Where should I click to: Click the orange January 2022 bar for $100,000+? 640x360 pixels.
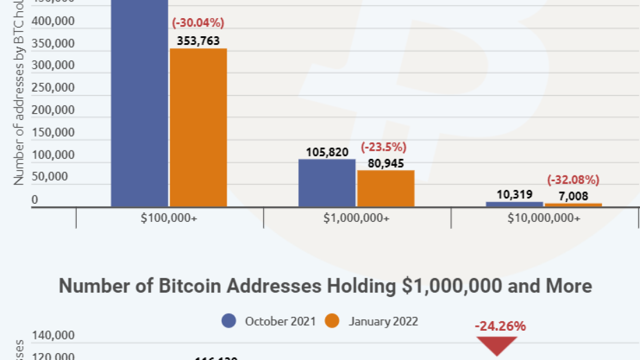[x=198, y=127]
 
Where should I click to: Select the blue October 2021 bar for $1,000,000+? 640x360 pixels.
[x=327, y=182]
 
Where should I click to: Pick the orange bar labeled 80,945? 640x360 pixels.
[x=386, y=188]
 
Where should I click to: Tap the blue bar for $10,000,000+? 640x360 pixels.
[x=514, y=204]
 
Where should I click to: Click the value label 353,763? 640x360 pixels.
[x=198, y=41]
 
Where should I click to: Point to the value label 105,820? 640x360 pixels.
[x=327, y=152]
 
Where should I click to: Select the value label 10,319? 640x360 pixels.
[x=514, y=195]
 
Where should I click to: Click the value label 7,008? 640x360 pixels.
[x=573, y=196]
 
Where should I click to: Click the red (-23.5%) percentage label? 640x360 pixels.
[x=384, y=147]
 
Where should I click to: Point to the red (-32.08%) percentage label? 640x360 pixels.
[x=573, y=180]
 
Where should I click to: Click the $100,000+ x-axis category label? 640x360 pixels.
[x=170, y=218]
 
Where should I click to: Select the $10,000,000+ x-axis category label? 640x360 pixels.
[x=545, y=218]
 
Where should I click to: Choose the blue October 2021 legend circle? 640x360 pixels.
[x=229, y=321]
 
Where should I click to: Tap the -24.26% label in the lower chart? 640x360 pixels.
[x=500, y=326]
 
